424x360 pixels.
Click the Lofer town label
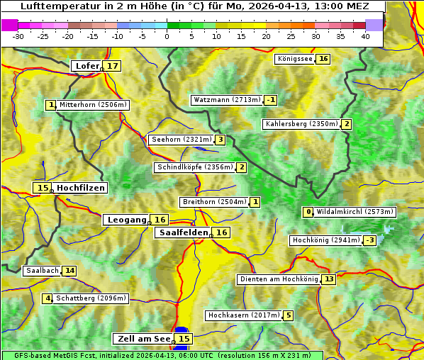(87, 66)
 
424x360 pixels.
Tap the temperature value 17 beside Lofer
(113, 66)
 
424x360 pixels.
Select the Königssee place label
(294, 59)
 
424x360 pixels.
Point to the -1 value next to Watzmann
(271, 100)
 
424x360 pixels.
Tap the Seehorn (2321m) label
(182, 140)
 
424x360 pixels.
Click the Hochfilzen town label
(81, 188)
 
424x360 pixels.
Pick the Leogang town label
(127, 220)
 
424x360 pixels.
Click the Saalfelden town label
(183, 232)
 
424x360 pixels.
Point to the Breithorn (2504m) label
(213, 202)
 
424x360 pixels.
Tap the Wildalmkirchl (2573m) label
(355, 211)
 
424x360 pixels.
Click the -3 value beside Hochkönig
(370, 240)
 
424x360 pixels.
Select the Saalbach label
(42, 271)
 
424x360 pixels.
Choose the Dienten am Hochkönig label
(278, 279)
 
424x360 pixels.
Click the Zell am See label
(144, 339)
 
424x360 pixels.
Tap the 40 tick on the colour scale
(365, 35)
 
